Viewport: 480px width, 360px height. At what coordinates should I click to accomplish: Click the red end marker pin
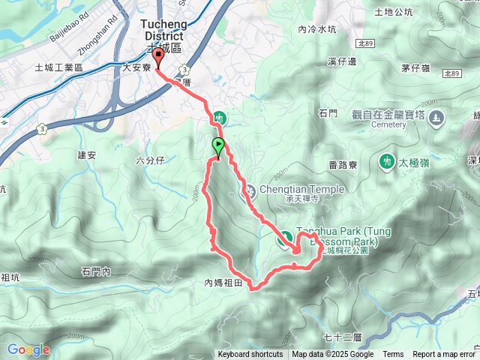157,57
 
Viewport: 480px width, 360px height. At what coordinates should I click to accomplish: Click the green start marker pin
218,146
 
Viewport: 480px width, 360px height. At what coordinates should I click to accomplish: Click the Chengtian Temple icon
247,192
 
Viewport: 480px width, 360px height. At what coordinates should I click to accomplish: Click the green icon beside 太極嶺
386,160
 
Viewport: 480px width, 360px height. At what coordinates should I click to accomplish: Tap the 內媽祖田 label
224,283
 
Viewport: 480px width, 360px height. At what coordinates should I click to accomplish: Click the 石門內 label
96,271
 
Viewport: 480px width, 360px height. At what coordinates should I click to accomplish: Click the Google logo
28,349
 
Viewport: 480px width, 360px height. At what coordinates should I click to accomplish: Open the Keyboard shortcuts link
250,355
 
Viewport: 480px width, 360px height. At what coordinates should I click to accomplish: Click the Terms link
393,355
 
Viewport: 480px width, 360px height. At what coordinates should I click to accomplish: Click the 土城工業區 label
58,67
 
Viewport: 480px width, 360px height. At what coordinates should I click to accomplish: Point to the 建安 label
87,155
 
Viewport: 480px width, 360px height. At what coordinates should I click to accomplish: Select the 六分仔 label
150,160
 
